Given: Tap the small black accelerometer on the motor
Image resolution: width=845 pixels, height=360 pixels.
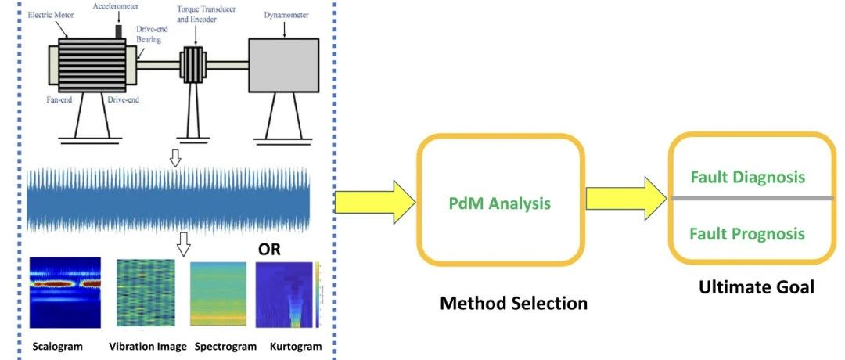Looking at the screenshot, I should [x=120, y=31].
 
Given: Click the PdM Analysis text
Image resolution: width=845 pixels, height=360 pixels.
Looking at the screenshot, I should [x=499, y=203].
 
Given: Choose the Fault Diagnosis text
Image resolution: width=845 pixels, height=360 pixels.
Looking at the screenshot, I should [x=747, y=177].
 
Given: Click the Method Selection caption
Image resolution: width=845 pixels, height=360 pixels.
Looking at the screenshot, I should [x=512, y=303].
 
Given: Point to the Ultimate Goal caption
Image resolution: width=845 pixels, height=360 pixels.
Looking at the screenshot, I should [x=756, y=287].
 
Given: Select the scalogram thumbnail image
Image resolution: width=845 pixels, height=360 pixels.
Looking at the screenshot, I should [x=65, y=292].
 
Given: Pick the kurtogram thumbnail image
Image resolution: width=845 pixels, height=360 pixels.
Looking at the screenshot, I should [x=289, y=294].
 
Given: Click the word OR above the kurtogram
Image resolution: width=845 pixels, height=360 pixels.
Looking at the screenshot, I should [x=270, y=250].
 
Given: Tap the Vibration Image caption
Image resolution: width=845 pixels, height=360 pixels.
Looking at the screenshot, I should [x=147, y=346].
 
